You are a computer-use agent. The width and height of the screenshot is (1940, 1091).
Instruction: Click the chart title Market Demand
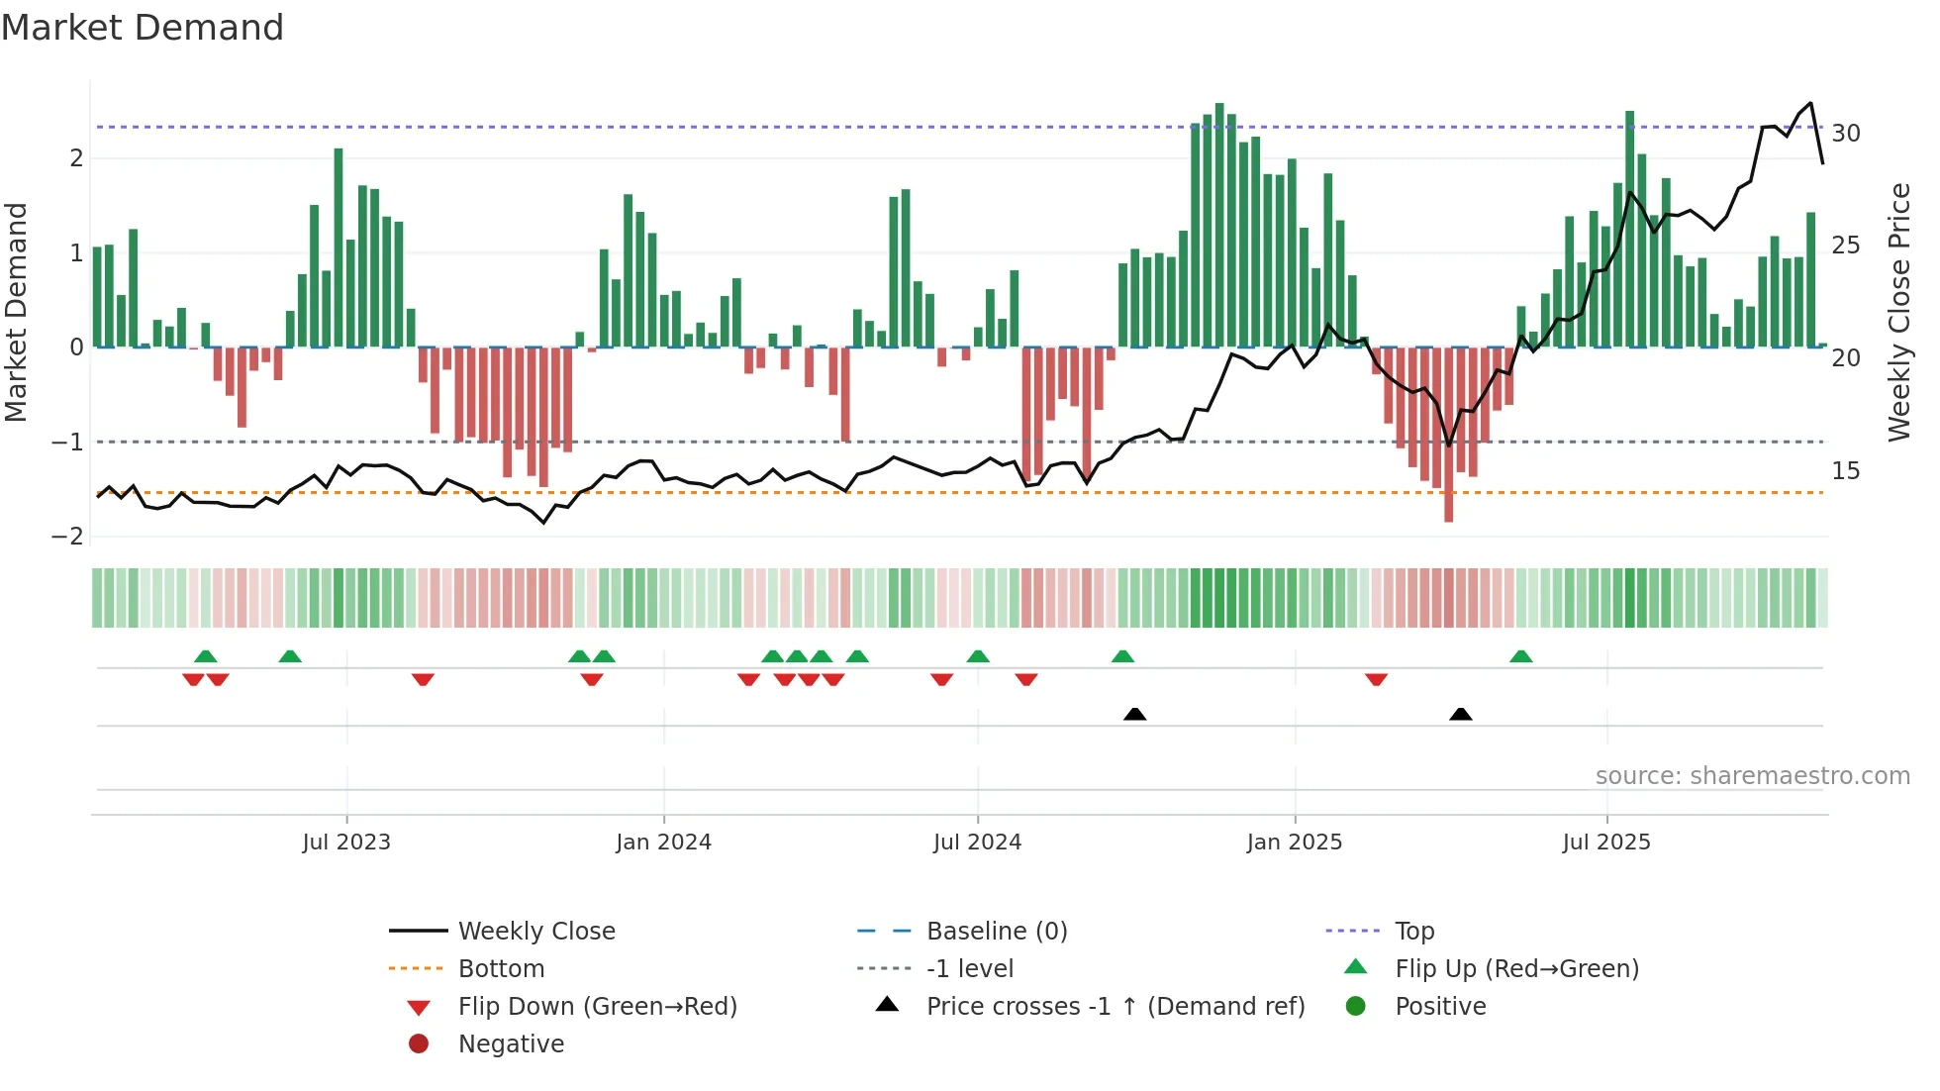(143, 28)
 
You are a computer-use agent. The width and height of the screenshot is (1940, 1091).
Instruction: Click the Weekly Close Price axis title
(1898, 312)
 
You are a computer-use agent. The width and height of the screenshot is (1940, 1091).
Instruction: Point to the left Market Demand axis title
(17, 312)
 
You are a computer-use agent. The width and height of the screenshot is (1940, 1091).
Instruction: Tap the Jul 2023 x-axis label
(346, 843)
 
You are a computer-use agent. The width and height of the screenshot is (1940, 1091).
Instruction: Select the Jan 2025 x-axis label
(1294, 843)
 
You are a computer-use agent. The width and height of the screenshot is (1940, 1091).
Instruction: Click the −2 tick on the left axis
(67, 537)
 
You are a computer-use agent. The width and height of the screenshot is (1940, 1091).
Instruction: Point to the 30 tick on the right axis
(1845, 133)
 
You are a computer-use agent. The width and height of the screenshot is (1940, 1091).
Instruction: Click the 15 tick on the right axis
(1845, 471)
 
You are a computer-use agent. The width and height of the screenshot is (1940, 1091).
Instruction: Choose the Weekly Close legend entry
(535, 931)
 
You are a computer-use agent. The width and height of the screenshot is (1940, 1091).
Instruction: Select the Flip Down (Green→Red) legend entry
(597, 1006)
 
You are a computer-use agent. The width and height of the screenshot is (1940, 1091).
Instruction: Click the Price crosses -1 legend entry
(1115, 1006)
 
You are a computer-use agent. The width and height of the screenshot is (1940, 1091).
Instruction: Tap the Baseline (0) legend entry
(996, 931)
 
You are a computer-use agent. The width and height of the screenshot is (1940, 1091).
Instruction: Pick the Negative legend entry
(511, 1043)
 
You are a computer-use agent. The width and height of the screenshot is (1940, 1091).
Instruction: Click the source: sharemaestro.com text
(1752, 776)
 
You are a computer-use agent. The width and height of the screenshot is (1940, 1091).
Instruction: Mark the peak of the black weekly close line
(1810, 103)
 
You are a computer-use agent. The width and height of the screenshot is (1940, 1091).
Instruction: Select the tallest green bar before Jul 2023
(339, 150)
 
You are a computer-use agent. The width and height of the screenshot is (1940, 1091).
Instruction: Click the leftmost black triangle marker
(1135, 714)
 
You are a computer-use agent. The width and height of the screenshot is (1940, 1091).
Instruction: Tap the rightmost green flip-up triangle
(1521, 656)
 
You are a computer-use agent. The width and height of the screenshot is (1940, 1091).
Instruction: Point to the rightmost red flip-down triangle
(1376, 679)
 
